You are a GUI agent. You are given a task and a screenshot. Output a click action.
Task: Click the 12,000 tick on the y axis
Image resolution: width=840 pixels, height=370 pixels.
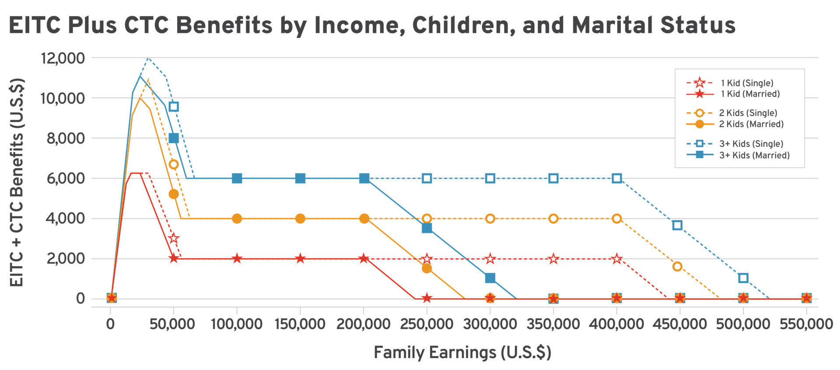(x=63, y=58)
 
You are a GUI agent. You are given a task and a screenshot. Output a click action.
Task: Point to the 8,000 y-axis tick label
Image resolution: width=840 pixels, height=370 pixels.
(x=66, y=138)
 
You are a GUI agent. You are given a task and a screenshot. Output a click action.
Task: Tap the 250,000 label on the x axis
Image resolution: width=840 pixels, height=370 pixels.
(x=427, y=324)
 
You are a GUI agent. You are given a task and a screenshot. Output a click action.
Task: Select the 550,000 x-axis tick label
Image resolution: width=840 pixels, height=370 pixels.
(x=806, y=324)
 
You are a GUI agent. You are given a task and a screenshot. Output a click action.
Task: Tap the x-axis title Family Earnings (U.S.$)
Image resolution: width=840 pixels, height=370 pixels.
(x=462, y=352)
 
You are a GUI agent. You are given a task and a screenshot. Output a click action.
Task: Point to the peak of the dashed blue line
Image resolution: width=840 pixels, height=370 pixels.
(x=148, y=58)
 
